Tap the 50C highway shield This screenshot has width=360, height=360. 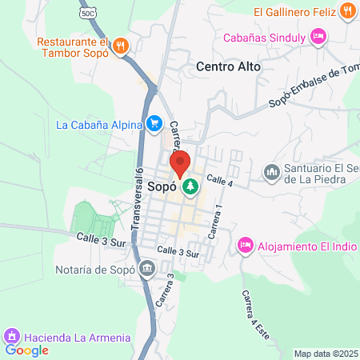click(x=87, y=14)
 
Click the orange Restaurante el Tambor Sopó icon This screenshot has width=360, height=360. click(x=121, y=45)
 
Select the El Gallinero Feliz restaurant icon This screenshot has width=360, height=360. click(x=346, y=11)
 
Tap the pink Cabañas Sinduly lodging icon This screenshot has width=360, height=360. click(x=318, y=37)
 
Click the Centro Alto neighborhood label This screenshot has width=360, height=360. click(x=228, y=67)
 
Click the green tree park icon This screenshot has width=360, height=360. click(x=190, y=188)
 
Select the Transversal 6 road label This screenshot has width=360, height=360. click(x=137, y=204)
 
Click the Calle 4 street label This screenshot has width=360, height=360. click(x=218, y=181)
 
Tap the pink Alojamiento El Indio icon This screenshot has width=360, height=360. click(x=246, y=244)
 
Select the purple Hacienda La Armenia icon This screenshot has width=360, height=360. click(x=11, y=337)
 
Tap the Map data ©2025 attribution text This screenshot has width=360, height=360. click(x=326, y=354)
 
